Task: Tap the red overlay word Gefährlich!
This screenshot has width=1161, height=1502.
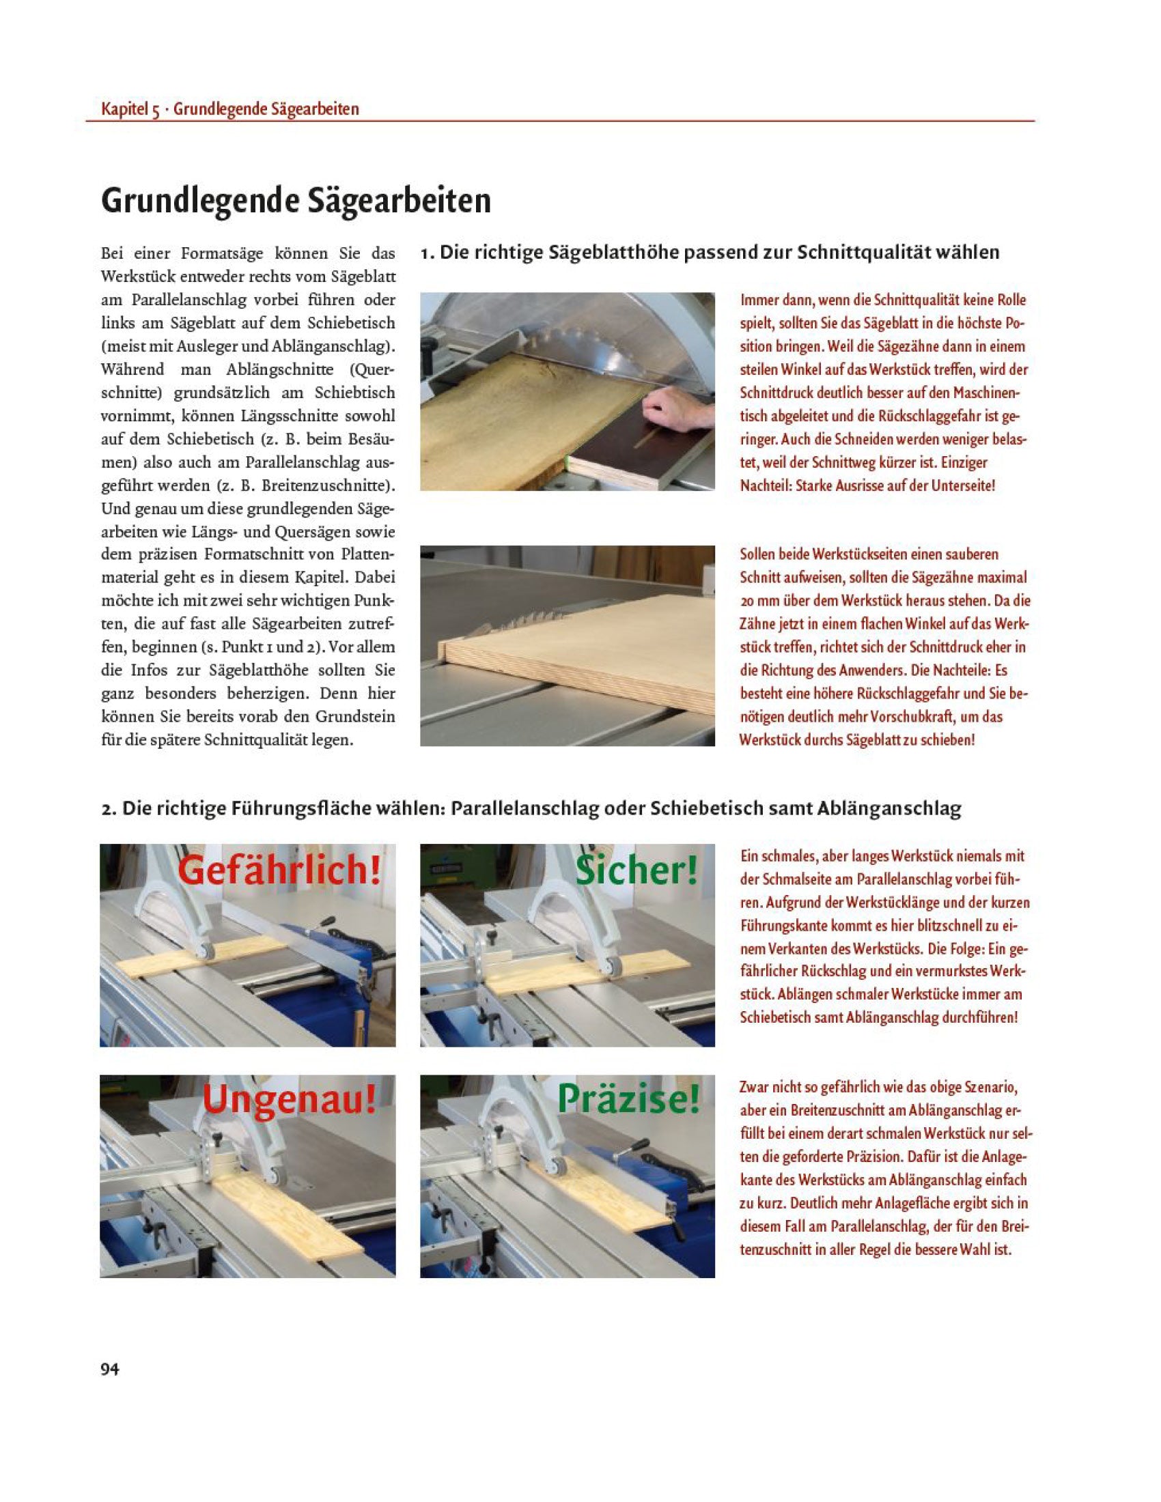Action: tap(279, 870)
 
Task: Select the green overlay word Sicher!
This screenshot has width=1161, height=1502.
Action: tap(637, 870)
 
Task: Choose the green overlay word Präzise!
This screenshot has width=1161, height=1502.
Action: tap(627, 1099)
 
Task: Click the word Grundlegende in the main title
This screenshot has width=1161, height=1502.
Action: tap(194, 201)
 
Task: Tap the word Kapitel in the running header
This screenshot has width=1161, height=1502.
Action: tap(124, 109)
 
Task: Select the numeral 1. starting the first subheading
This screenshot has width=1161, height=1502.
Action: tap(427, 253)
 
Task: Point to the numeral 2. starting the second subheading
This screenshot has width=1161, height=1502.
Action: tap(109, 810)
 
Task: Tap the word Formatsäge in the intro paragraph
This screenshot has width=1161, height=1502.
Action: tap(222, 254)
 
